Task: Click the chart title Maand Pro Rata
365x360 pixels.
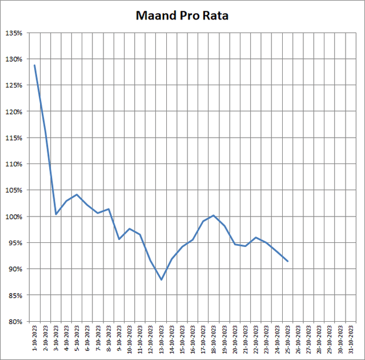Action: point(182,15)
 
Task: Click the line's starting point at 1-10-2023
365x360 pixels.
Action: point(34,65)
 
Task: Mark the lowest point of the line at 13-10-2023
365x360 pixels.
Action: point(162,279)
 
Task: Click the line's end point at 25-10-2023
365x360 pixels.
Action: point(288,262)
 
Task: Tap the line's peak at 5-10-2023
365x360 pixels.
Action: point(77,194)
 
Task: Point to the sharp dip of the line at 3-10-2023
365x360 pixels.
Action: point(55,214)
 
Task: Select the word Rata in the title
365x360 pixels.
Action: point(215,15)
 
